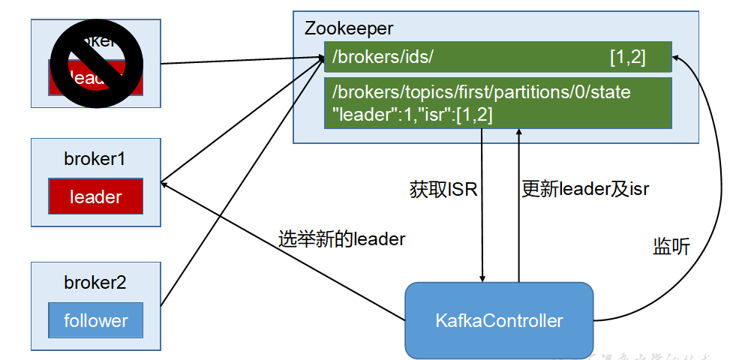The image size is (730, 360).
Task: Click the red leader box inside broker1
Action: [x=95, y=197]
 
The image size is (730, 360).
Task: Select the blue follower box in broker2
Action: [x=95, y=321]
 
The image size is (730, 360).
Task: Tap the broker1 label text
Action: [x=95, y=160]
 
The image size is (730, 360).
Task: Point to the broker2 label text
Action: [x=95, y=283]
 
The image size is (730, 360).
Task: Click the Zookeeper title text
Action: [x=348, y=29]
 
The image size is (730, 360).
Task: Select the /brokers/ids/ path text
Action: [x=383, y=57]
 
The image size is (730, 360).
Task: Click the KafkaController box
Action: [x=499, y=321]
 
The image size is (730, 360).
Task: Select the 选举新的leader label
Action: [x=341, y=239]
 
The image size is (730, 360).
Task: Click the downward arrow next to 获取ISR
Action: [x=482, y=225]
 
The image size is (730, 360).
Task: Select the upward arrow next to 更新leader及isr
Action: [x=518, y=225]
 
